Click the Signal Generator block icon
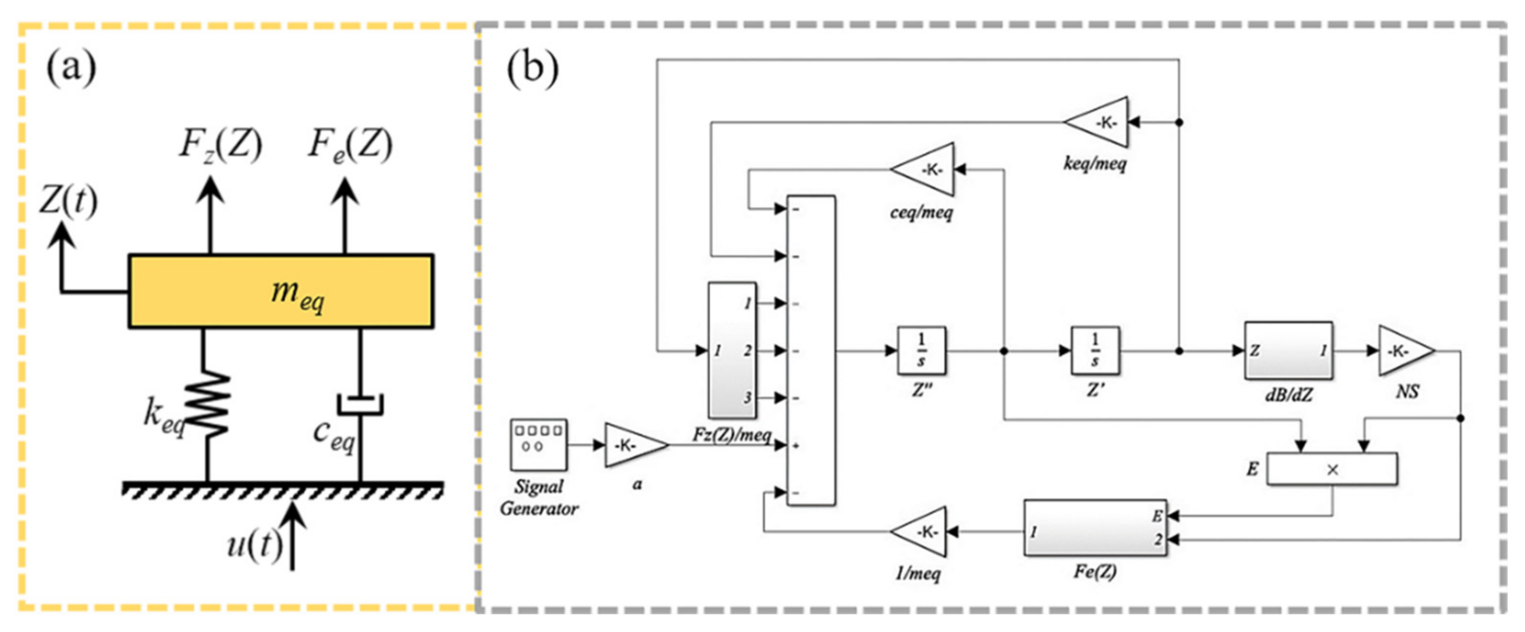[x=538, y=445]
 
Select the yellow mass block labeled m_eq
[x=281, y=291]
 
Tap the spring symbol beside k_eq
[x=207, y=405]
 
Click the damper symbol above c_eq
[x=360, y=405]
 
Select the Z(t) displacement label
[x=68, y=201]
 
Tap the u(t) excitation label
[x=255, y=544]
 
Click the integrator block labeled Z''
[x=921, y=350]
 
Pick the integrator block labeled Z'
[x=1095, y=350]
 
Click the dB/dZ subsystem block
[x=1288, y=350]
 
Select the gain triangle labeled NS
[x=1406, y=350]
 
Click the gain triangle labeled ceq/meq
[x=922, y=169]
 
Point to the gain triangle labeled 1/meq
[x=918, y=531]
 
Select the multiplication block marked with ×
[x=1332, y=469]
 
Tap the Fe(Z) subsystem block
[x=1095, y=527]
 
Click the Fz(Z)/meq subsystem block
[x=732, y=350]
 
